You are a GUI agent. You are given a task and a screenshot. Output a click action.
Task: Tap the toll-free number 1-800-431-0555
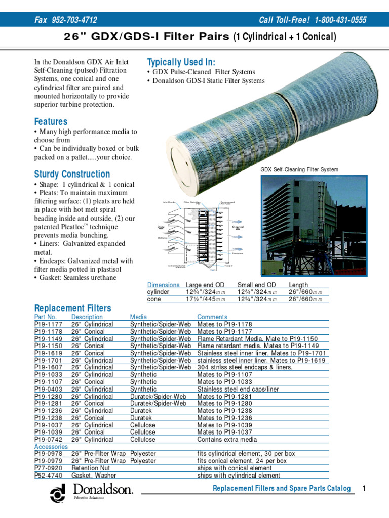pyautogui.click(x=340, y=20)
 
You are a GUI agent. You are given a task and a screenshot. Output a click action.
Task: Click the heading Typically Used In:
pyautogui.click(x=181, y=62)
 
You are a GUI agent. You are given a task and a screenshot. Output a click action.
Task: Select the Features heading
pyautogui.click(x=51, y=122)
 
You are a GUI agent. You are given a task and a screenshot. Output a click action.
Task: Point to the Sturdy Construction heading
pyautogui.click(x=72, y=174)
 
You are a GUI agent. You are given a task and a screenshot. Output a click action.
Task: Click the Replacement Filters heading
pyautogui.click(x=72, y=308)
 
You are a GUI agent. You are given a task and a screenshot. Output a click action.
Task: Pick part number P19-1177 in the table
pyautogui.click(x=48, y=324)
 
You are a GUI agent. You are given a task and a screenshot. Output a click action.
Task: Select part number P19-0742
pyautogui.click(x=48, y=440)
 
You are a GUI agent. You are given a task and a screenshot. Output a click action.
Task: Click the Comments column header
pyautogui.click(x=212, y=317)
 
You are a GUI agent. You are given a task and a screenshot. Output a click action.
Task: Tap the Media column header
pyautogui.click(x=138, y=317)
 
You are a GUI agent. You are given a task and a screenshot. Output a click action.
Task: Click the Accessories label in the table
pyautogui.click(x=51, y=447)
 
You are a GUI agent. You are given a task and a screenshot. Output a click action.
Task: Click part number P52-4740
pyautogui.click(x=48, y=476)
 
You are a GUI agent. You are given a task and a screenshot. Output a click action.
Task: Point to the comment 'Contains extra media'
pyautogui.click(x=228, y=440)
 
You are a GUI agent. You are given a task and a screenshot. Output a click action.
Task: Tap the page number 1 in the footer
pyautogui.click(x=364, y=488)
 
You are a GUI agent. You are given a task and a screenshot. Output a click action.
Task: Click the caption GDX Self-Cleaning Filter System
pyautogui.click(x=299, y=170)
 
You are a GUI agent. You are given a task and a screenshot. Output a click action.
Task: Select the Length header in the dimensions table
pyautogui.click(x=298, y=285)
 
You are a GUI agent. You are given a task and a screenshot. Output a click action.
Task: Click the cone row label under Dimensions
pyautogui.click(x=154, y=299)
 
